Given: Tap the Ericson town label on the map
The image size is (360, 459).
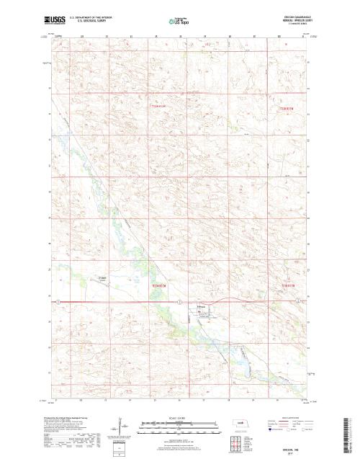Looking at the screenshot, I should coord(202,306).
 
